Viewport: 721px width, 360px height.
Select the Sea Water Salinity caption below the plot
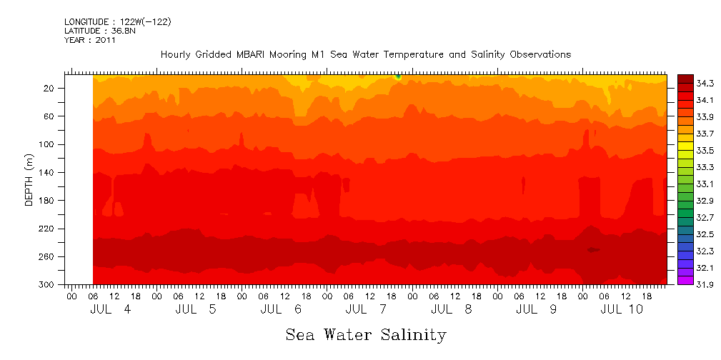coord(366,334)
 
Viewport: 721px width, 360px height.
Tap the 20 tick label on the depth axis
coord(50,88)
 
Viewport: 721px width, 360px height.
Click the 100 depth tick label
coord(47,144)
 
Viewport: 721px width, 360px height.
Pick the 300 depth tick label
coord(47,285)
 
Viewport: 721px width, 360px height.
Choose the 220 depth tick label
coord(47,229)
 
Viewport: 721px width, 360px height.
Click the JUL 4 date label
coord(111,309)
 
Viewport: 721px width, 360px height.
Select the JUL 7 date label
coord(366,309)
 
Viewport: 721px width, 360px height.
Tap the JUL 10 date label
coord(621,309)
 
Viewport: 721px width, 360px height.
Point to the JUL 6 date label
coord(281,309)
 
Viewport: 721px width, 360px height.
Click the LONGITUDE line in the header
coord(118,22)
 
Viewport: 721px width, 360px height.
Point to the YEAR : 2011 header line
coord(90,40)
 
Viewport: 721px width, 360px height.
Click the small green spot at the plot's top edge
coord(398,76)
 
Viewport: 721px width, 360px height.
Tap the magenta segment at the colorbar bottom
coord(685,280)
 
